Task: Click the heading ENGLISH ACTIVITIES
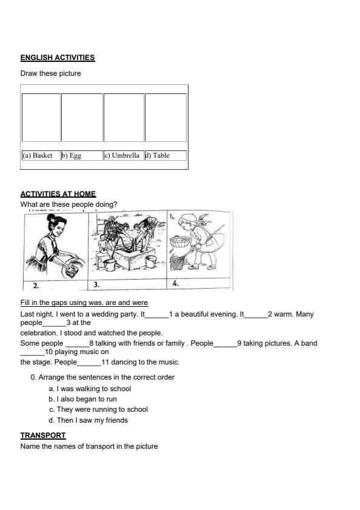click(58, 58)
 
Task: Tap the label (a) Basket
click(38, 155)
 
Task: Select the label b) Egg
click(72, 155)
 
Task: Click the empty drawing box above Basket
click(41, 118)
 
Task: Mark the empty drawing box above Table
click(165, 118)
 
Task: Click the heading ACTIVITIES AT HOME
click(58, 194)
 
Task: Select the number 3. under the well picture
click(97, 284)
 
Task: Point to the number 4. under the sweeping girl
click(175, 283)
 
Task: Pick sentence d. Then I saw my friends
click(88, 420)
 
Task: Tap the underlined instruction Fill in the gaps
click(84, 303)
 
